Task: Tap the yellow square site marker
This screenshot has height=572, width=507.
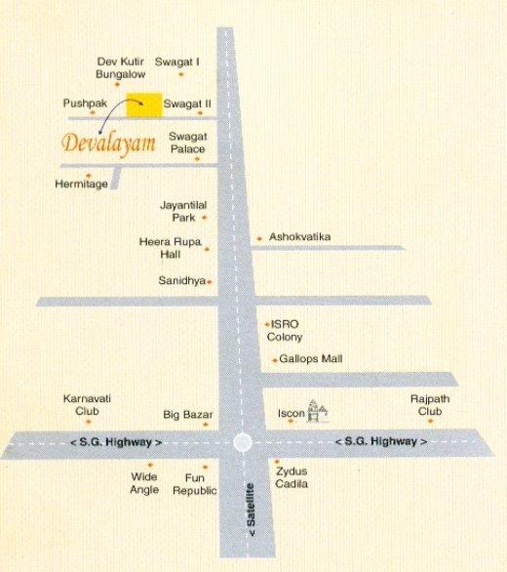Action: tap(146, 103)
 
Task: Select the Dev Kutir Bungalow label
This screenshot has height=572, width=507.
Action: tap(121, 66)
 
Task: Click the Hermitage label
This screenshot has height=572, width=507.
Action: tap(81, 184)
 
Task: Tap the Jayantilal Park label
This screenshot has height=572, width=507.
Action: tap(179, 211)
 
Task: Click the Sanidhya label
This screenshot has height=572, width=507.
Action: tap(181, 280)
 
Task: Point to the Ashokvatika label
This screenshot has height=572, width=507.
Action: tap(300, 237)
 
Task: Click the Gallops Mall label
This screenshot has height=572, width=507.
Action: tap(311, 359)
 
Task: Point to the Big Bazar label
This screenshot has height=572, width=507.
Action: tap(187, 414)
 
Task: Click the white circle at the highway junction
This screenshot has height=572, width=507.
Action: tap(244, 442)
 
